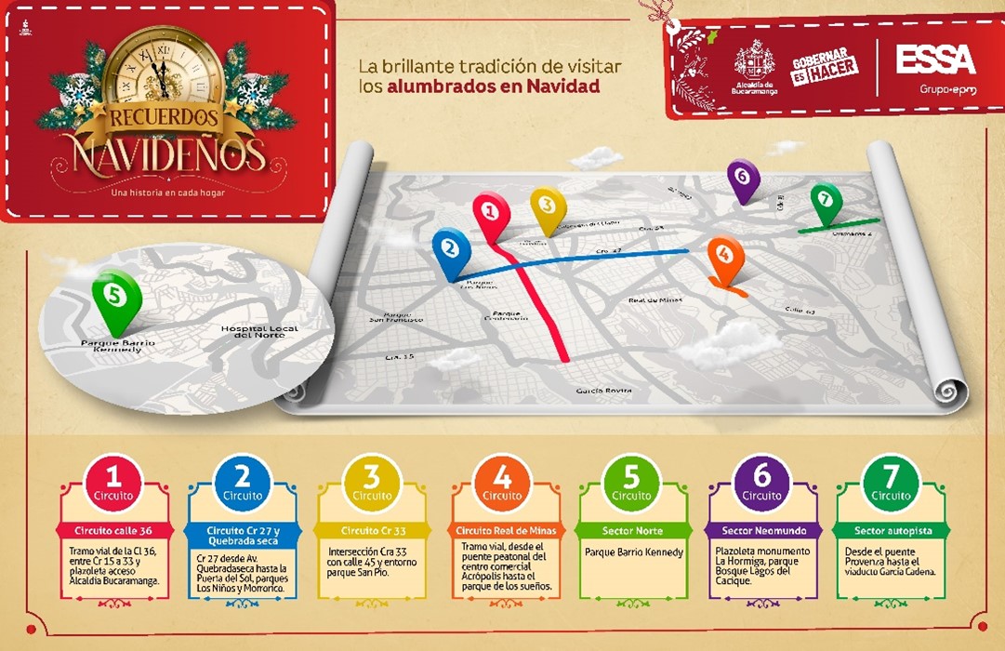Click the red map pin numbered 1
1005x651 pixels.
(x=491, y=212)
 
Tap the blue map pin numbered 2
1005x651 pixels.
(x=451, y=249)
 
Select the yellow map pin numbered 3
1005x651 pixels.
(x=548, y=206)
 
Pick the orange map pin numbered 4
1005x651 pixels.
(x=725, y=256)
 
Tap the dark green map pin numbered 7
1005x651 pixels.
(x=825, y=200)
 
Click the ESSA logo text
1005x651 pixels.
(x=935, y=60)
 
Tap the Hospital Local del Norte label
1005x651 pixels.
(x=258, y=332)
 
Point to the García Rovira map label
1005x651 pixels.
(x=603, y=390)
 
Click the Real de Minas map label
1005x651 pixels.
(x=655, y=299)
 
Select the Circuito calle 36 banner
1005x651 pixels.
(x=113, y=531)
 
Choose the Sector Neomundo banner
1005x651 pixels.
(x=762, y=531)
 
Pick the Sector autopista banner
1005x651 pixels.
(x=891, y=531)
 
